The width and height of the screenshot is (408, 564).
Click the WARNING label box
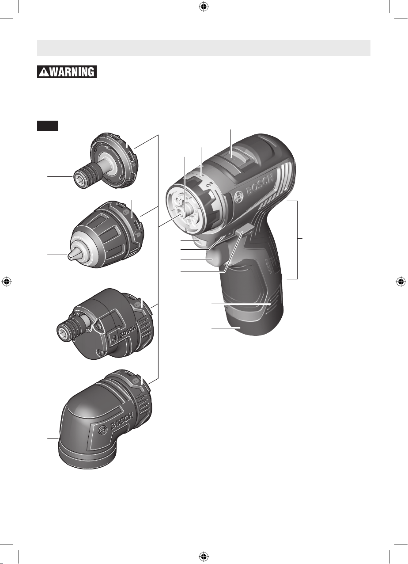pyautogui.click(x=67, y=72)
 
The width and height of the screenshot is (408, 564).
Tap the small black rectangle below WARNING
pyautogui.click(x=48, y=126)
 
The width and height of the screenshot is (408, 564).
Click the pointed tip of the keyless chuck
pyautogui.click(x=71, y=255)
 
